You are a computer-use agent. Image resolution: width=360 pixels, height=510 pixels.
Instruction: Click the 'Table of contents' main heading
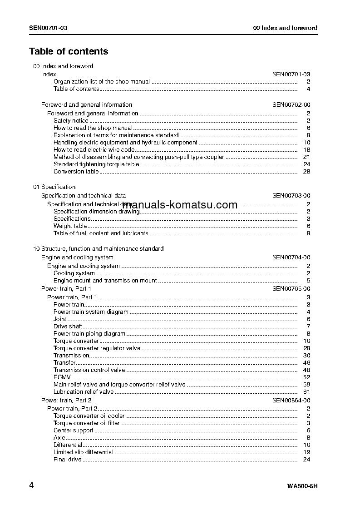[69, 51]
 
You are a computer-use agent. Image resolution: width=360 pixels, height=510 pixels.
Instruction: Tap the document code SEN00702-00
[291, 104]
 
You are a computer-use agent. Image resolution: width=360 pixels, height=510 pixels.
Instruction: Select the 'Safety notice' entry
[71, 121]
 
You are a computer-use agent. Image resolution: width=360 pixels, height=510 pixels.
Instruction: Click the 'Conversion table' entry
[76, 172]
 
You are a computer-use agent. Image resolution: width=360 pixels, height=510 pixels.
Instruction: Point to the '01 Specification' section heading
[54, 187]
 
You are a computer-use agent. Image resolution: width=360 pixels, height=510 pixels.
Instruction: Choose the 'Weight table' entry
[70, 226]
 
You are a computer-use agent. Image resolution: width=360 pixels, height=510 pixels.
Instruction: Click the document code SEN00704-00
[291, 257]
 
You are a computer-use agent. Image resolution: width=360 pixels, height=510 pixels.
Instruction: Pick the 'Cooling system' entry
[74, 273]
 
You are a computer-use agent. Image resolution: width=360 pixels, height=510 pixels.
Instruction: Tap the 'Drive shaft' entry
[68, 327]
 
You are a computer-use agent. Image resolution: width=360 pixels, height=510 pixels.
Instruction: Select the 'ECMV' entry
[62, 377]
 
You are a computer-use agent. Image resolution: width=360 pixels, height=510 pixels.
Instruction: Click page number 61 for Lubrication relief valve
[306, 392]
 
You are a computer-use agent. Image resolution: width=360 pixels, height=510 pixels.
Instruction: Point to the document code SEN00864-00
[291, 400]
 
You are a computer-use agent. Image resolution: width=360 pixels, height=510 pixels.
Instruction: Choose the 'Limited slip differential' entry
[84, 452]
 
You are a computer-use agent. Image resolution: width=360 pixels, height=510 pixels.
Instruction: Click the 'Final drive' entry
[68, 460]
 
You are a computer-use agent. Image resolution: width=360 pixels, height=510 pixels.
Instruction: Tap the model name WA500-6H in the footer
[302, 487]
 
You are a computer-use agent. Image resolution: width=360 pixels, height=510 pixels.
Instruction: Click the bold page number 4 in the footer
[31, 486]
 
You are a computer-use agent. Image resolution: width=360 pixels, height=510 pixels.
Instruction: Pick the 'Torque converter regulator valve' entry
[97, 348]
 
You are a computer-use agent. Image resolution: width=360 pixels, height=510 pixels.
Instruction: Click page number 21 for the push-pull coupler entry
[306, 157]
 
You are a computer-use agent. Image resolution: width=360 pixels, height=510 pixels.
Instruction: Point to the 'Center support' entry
[74, 431]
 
